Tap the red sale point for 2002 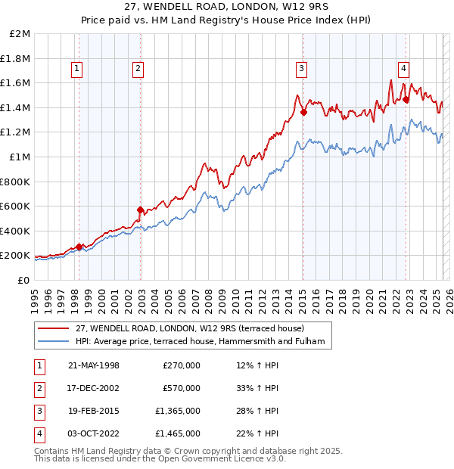click(140, 210)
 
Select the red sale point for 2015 click(303, 112)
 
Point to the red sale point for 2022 click(406, 99)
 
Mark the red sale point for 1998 click(79, 247)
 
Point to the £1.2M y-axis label click(17, 132)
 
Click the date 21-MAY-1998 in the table click(93, 365)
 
